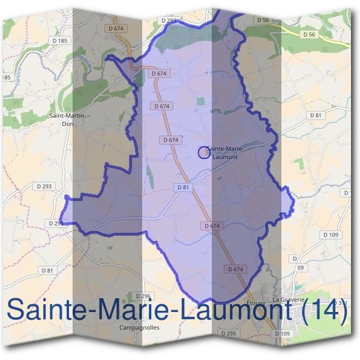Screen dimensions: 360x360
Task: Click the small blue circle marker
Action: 204,153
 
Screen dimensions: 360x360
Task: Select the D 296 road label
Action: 142,296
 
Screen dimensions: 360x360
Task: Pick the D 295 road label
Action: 228,333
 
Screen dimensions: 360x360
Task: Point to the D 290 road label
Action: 55,223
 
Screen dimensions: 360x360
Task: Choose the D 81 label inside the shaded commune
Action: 184,188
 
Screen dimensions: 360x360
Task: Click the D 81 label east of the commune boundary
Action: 316,115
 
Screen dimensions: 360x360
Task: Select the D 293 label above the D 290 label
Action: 44,187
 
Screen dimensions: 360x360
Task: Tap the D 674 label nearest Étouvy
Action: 236,269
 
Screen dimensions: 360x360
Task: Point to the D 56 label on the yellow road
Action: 309,35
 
